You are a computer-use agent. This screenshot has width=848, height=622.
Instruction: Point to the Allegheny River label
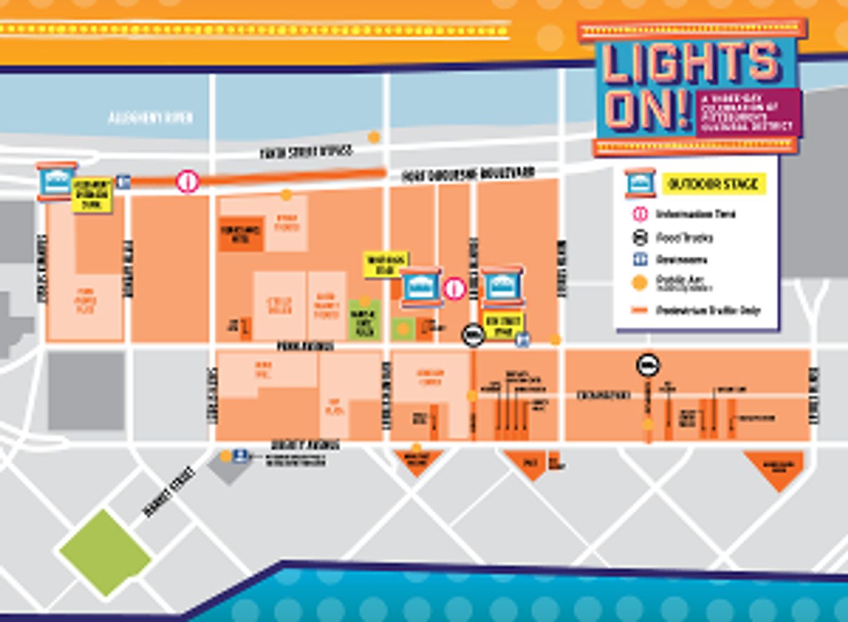tap(150, 117)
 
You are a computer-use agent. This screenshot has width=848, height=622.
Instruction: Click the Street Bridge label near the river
tap(306, 151)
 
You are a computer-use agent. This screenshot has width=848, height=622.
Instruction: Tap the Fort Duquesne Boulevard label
tap(468, 174)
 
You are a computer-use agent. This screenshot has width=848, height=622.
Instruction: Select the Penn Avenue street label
tap(305, 346)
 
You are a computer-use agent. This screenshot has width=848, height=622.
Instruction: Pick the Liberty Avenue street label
tap(305, 445)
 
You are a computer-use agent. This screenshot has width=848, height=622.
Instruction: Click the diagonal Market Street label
tap(169, 491)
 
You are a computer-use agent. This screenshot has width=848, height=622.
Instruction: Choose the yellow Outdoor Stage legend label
tap(713, 184)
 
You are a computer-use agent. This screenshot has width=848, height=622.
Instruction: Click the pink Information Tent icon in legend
tap(640, 214)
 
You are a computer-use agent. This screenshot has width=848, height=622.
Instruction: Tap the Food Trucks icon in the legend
tap(640, 237)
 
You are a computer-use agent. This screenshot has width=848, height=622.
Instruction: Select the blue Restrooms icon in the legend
tap(640, 260)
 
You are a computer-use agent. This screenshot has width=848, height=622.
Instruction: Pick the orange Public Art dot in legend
tap(640, 283)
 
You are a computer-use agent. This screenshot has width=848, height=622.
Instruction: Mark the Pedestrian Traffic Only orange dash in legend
tap(640, 310)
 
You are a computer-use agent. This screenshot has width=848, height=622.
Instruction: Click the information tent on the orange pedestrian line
tap(188, 181)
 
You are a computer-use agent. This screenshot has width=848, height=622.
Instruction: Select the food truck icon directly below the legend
tap(648, 365)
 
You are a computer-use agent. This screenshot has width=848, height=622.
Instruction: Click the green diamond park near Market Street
tap(105, 552)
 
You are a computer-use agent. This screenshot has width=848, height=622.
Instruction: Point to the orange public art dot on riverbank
tap(374, 137)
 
